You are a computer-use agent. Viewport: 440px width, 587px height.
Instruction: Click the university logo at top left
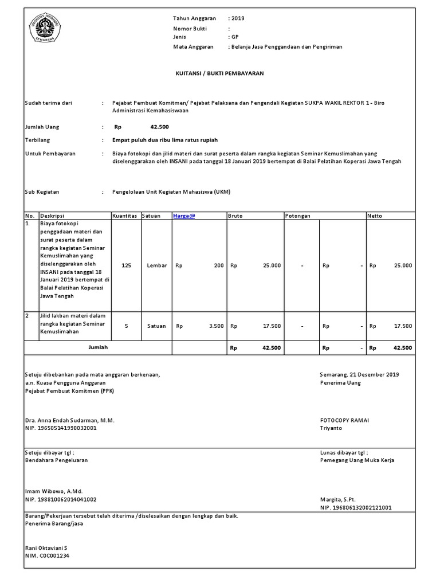49,26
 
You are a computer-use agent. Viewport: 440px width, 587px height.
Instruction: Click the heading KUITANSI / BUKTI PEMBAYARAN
219,74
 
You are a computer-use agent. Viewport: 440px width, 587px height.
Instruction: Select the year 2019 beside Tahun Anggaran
238,18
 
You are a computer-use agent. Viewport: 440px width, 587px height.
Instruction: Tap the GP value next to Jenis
235,37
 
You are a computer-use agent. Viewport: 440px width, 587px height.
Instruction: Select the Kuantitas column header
125,216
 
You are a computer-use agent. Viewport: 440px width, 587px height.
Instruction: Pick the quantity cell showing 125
127,265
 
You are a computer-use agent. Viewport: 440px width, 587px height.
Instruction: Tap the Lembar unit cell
156,265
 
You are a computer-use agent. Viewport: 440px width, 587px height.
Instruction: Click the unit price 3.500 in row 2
216,326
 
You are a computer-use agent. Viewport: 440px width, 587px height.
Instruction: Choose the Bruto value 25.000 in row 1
272,265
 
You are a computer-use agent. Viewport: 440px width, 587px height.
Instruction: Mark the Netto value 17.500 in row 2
403,326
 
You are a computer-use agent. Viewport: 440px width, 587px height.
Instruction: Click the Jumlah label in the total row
98,347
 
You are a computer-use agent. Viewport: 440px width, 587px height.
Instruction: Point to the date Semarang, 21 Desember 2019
359,374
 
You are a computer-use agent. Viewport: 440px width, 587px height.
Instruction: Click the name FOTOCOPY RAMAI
344,420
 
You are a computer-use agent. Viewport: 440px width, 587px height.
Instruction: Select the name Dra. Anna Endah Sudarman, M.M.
69,420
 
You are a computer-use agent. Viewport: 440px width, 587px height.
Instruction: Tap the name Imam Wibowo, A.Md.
54,491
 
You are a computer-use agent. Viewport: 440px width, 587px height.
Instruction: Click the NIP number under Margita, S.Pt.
355,507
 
